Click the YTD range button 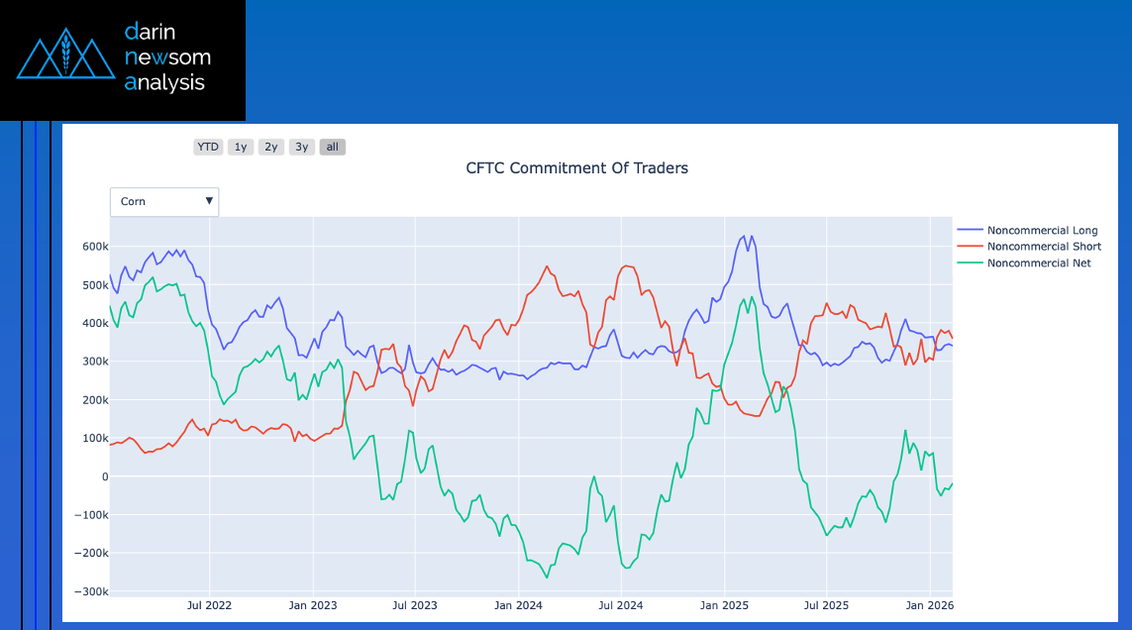[208, 147]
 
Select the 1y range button [240, 147]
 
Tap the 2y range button [270, 147]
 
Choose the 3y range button [302, 147]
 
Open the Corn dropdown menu [164, 201]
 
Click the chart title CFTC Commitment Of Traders [576, 168]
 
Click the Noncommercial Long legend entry [1041, 231]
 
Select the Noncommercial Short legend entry [1043, 247]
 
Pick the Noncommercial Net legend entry [1038, 262]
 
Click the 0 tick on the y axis [102, 476]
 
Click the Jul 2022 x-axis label [210, 604]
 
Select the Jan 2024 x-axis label [517, 604]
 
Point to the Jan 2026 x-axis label [929, 604]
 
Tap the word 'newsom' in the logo [167, 56]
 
